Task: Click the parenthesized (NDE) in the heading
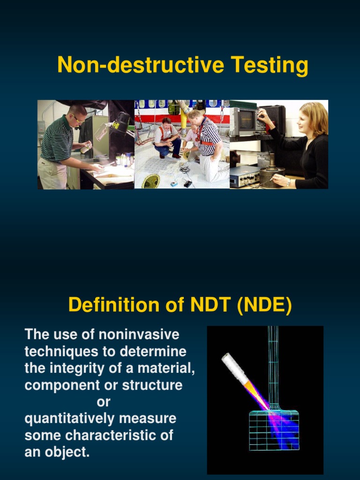tap(264, 305)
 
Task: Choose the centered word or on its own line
tap(103, 402)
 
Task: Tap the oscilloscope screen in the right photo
tap(245, 120)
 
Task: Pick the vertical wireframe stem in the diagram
tap(273, 366)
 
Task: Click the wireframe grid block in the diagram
tap(274, 430)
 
